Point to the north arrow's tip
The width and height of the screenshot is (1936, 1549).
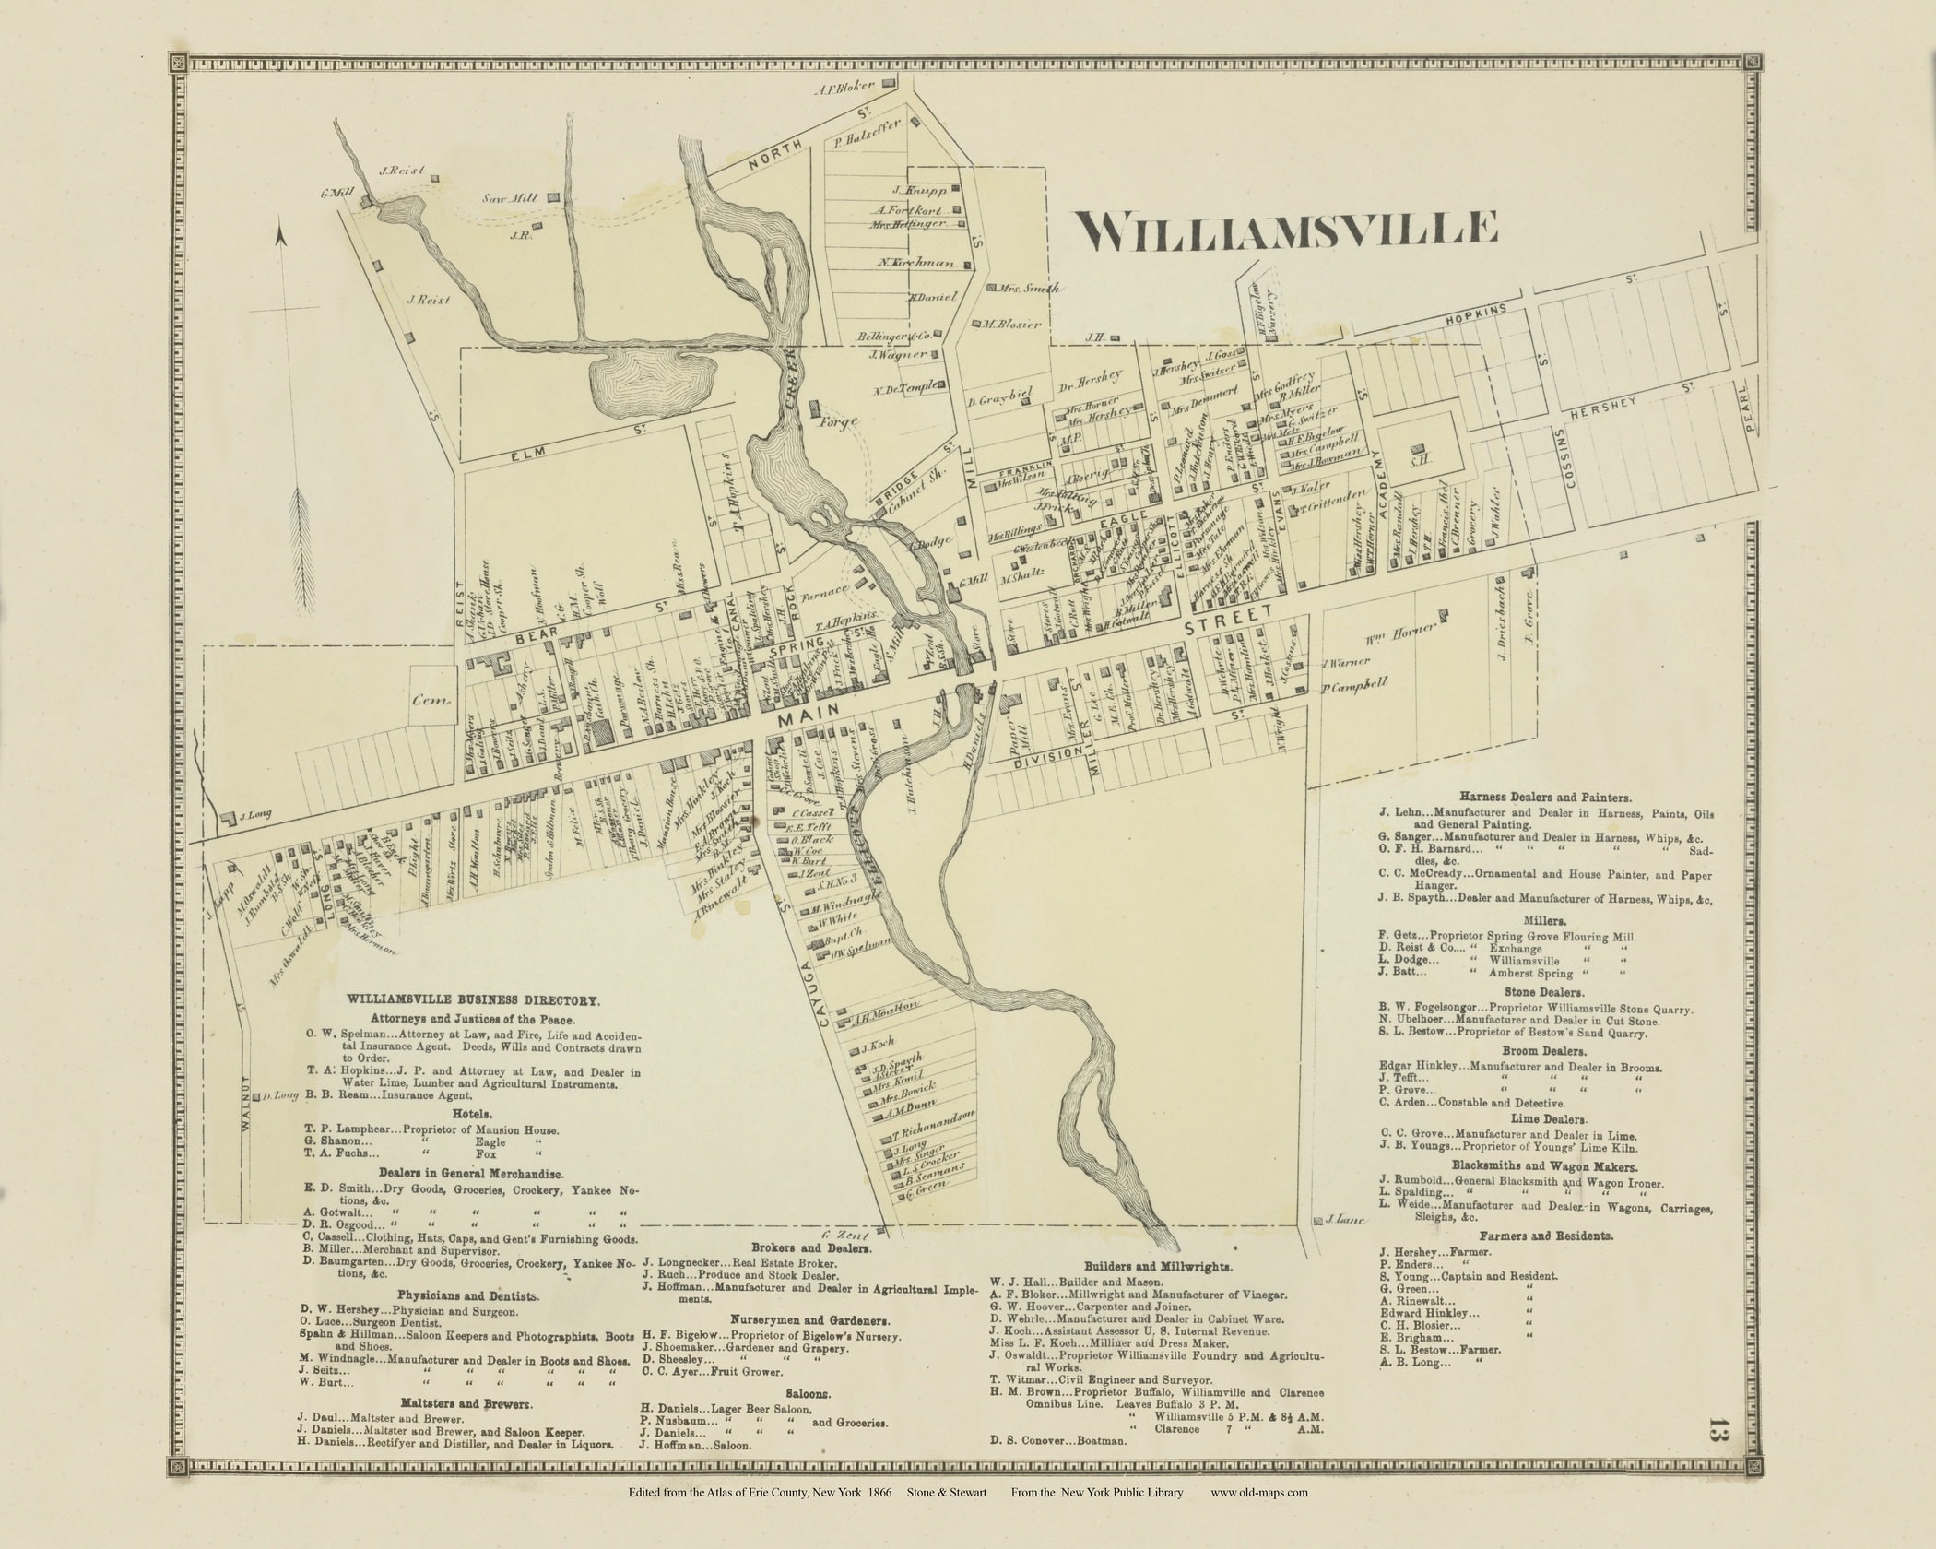pos(284,239)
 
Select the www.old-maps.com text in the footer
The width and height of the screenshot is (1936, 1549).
pos(1259,1518)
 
